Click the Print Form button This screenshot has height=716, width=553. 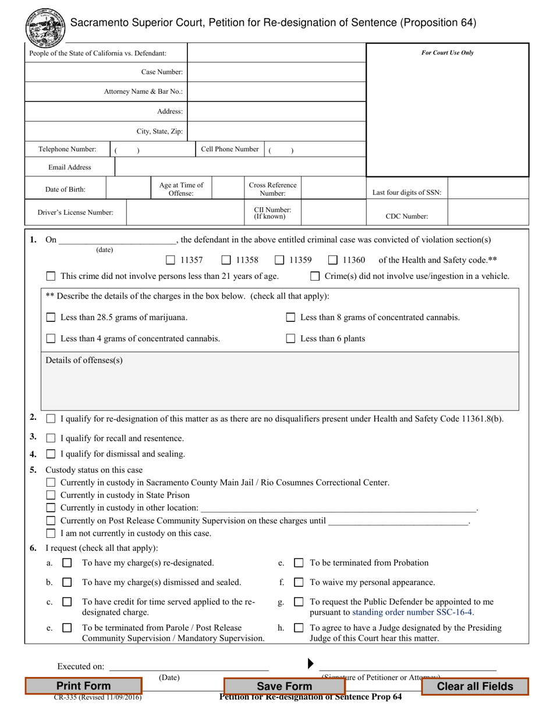pos(83,686)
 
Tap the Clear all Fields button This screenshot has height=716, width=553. pos(474,686)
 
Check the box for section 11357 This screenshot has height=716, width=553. pos(171,260)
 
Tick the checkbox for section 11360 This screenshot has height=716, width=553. pos(333,260)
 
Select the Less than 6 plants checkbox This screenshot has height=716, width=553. pos(290,338)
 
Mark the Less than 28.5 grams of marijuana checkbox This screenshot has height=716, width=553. pos(51,317)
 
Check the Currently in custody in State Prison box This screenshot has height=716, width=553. pos(51,495)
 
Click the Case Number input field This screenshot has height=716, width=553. pos(276,72)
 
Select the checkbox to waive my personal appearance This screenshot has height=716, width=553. pos(299,582)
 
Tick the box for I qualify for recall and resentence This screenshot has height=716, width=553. pos(51,438)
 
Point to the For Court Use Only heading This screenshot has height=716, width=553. pos(447,53)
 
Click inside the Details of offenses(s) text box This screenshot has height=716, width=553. pos(279,384)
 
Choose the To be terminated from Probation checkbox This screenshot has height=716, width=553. pos(299,563)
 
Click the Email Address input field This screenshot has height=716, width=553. pos(240,167)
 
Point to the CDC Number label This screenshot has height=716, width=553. pos(407,216)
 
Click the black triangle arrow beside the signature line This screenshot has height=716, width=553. pos(311,663)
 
